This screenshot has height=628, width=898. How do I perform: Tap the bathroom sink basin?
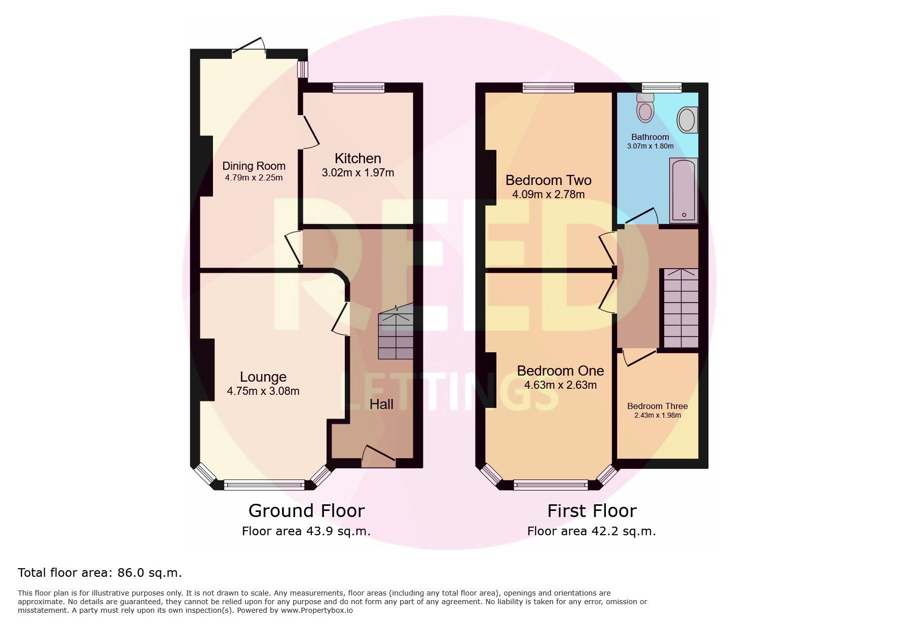(687, 120)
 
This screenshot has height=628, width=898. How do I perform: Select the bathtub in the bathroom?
(684, 190)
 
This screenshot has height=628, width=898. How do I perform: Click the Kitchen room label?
(357, 158)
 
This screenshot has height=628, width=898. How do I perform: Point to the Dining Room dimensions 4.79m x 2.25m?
(254, 177)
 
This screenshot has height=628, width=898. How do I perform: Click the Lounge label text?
(263, 377)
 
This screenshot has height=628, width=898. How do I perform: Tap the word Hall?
(381, 404)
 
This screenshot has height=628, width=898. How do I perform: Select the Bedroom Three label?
(657, 406)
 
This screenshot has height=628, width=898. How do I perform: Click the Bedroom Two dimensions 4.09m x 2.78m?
(548, 194)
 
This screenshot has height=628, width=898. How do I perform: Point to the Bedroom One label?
(560, 371)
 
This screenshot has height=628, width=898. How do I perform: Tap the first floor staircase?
(681, 308)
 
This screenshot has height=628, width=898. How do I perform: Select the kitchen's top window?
(358, 88)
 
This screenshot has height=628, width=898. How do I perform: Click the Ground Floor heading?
(306, 510)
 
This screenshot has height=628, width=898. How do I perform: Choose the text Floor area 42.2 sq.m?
(591, 531)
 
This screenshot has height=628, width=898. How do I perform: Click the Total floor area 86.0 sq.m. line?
(100, 573)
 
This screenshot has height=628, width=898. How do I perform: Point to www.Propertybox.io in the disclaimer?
(317, 610)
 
